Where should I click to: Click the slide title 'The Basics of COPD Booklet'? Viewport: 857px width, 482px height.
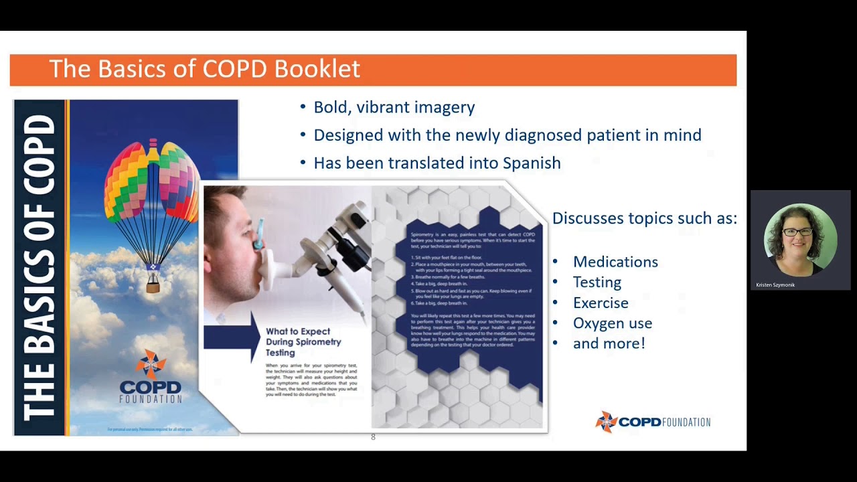204,69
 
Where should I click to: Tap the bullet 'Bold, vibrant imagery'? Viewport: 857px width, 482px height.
394,107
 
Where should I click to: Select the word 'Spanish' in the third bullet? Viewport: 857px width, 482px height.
532,163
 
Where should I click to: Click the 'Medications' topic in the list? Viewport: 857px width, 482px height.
615,262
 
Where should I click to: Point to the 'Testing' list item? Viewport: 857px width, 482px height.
597,283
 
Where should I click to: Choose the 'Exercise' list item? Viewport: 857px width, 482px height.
600,303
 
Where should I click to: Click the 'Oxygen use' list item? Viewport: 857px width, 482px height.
612,323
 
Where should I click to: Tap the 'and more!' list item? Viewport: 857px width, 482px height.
609,343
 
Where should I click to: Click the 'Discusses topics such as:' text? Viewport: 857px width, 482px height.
644,218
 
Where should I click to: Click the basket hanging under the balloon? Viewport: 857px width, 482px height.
153,287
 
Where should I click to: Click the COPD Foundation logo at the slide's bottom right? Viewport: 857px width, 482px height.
653,422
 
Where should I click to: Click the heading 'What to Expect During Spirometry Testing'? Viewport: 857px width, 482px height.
303,341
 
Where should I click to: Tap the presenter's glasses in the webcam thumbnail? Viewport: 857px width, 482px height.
799,232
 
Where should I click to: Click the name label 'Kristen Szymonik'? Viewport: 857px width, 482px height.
775,285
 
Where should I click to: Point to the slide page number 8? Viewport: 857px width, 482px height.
373,437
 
